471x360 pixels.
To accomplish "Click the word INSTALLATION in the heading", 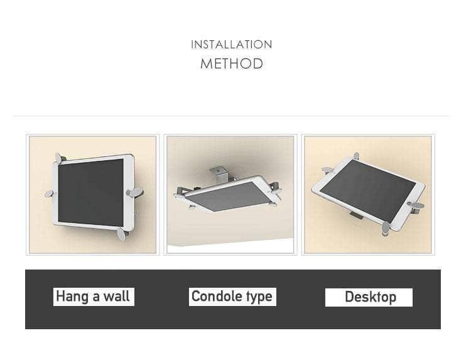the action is (x=232, y=45).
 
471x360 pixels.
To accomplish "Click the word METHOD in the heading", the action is (x=232, y=63).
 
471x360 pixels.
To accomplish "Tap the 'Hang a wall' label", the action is (x=94, y=297).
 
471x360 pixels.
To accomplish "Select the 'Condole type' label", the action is (x=232, y=297).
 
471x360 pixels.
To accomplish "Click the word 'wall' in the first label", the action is (x=117, y=297).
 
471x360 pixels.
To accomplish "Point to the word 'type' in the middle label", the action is (x=259, y=297).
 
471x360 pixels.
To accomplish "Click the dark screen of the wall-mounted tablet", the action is (x=90, y=193).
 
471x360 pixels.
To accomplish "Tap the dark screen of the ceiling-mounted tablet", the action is (x=229, y=196).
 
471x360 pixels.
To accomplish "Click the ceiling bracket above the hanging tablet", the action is (x=219, y=175).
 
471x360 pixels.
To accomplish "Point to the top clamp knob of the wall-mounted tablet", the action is (x=59, y=158).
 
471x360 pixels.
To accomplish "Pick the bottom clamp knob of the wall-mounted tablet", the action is (x=122, y=234).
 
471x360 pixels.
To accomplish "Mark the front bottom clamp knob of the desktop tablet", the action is (x=386, y=229).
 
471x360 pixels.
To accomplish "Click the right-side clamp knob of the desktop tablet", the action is (x=416, y=207).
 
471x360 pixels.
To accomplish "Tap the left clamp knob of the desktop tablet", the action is (x=328, y=170).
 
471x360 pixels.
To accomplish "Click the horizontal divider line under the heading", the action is (x=231, y=116).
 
